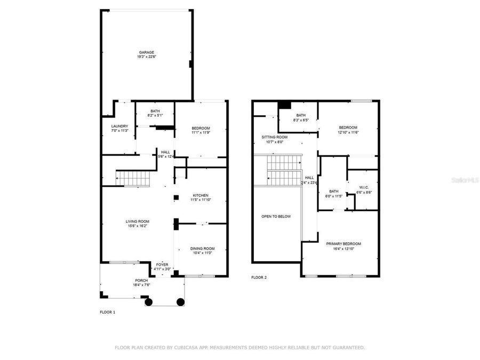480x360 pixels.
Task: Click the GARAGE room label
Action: click(147, 52)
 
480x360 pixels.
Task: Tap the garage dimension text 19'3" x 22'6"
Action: click(147, 57)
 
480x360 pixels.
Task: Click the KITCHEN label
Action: click(201, 195)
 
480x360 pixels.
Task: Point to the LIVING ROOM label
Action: click(137, 221)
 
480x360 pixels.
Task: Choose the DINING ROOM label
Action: click(202, 249)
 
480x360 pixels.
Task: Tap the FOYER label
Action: click(162, 265)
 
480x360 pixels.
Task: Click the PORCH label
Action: click(141, 281)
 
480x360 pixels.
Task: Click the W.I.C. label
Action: click(364, 187)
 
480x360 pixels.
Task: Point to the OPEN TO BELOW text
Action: click(276, 217)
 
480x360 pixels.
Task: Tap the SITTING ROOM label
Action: click(275, 137)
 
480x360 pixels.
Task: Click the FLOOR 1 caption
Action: click(107, 312)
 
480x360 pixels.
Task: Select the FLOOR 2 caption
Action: click(259, 277)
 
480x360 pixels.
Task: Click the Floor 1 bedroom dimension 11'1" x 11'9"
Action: click(201, 132)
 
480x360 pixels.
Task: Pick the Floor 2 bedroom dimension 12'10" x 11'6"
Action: click(348, 132)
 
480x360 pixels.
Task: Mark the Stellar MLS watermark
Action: click(465, 180)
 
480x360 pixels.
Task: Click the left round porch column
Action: click(149, 302)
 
